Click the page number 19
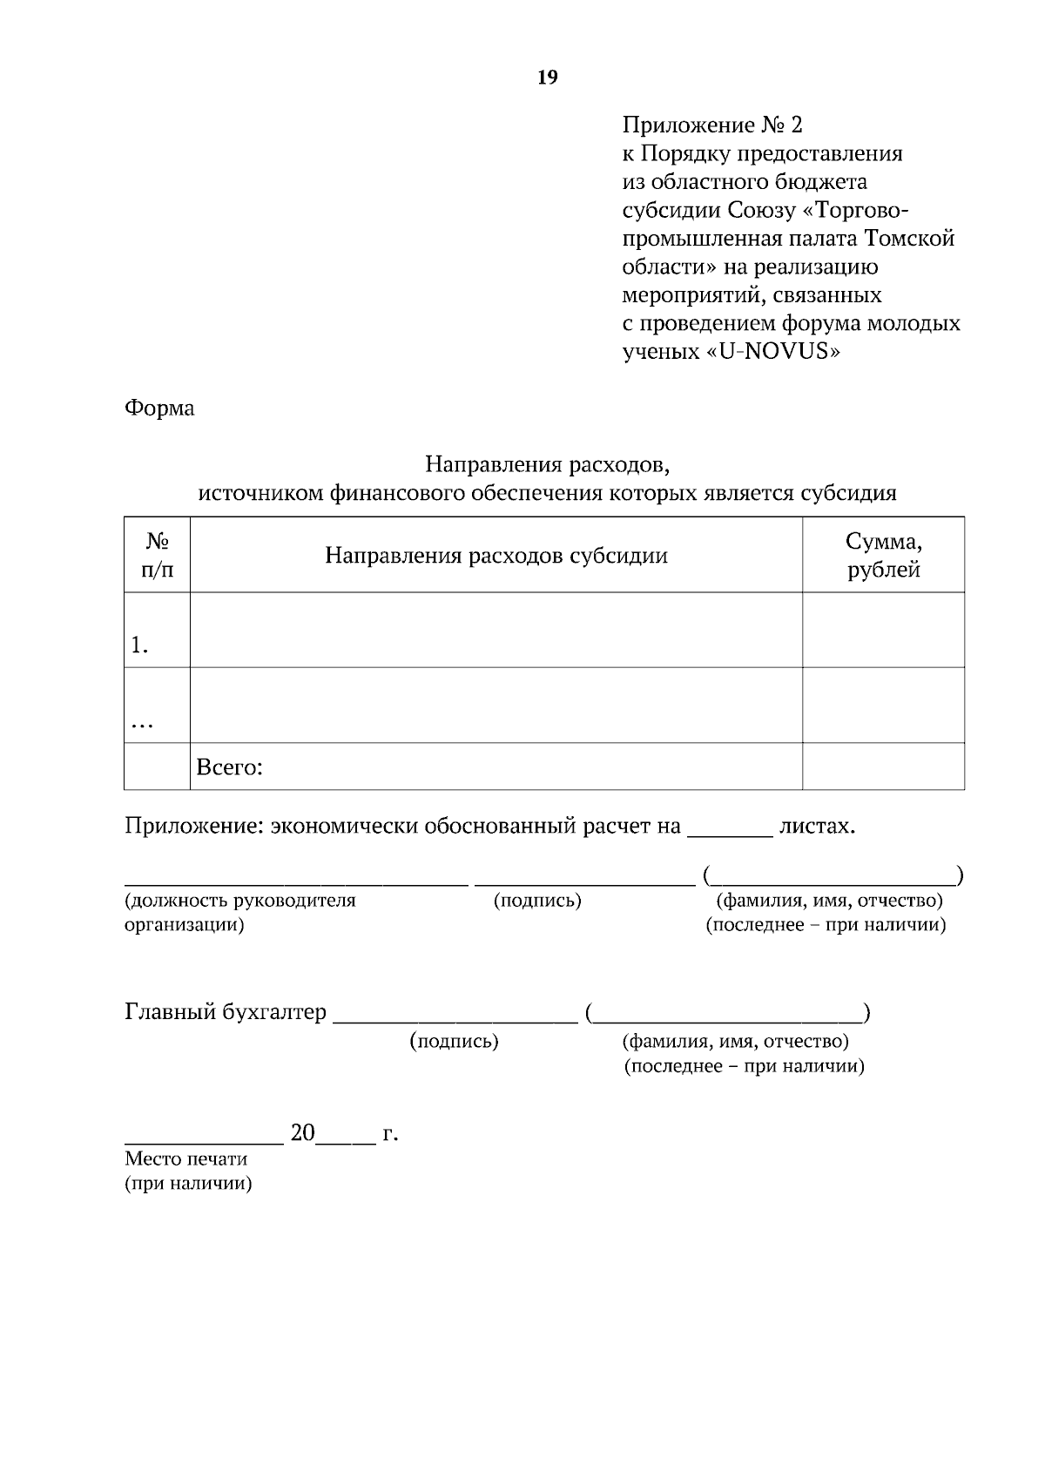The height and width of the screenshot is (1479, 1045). tap(548, 78)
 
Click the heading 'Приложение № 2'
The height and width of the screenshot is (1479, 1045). tap(711, 125)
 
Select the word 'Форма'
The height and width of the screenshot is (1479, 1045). tap(159, 408)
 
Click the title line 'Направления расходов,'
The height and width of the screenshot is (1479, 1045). tap(547, 464)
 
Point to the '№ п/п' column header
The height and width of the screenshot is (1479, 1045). tap(157, 556)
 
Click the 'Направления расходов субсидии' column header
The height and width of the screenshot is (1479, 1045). tap(496, 556)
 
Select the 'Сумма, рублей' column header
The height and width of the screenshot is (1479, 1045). tap(883, 556)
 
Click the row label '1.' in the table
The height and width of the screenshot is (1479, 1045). tap(139, 645)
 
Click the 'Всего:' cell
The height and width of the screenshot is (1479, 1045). tap(230, 767)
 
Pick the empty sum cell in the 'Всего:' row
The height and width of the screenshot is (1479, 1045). tap(883, 767)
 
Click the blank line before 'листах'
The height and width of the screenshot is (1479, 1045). tap(730, 827)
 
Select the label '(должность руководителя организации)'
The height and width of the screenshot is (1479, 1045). tap(239, 912)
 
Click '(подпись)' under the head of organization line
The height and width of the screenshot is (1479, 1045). tap(537, 901)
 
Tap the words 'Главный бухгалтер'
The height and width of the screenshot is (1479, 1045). tap(226, 1012)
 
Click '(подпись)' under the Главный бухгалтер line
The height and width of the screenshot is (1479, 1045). tap(454, 1042)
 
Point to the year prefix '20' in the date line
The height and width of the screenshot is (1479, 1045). tap(302, 1133)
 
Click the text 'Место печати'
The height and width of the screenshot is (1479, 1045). tap(185, 1159)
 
